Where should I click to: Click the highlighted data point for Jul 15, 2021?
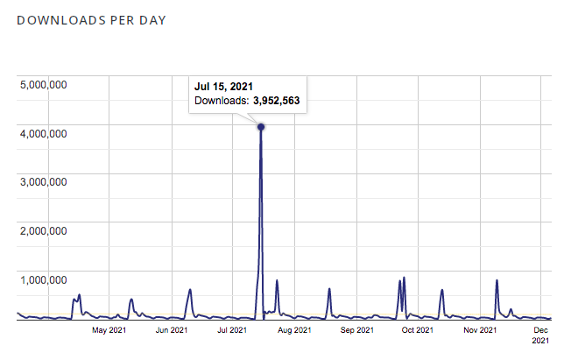pos(261,127)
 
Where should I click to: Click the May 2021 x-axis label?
pos(111,330)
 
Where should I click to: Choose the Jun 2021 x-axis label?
pos(173,330)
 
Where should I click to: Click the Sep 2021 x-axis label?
pos(356,330)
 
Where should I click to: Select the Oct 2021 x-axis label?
pos(417,330)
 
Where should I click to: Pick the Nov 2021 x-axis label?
pos(479,330)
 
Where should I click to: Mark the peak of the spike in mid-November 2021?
pos(497,280)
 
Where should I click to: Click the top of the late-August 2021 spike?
pos(329,289)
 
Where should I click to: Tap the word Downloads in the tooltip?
pos(222,102)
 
